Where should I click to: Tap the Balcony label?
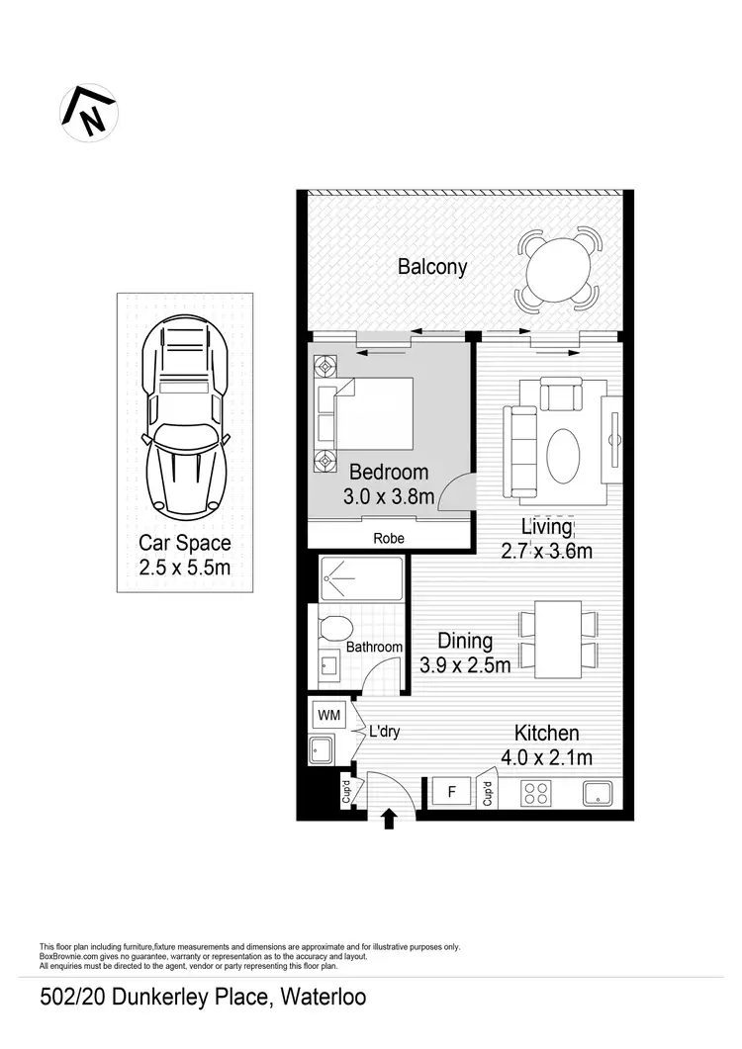pos(432,267)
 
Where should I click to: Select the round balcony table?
pos(558,269)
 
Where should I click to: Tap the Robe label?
pos(388,539)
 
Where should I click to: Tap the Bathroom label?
pos(374,648)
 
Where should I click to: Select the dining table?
pos(559,640)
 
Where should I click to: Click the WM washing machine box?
pos(327,713)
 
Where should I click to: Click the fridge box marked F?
pos(452,792)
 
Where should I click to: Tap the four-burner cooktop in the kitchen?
pos(535,793)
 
